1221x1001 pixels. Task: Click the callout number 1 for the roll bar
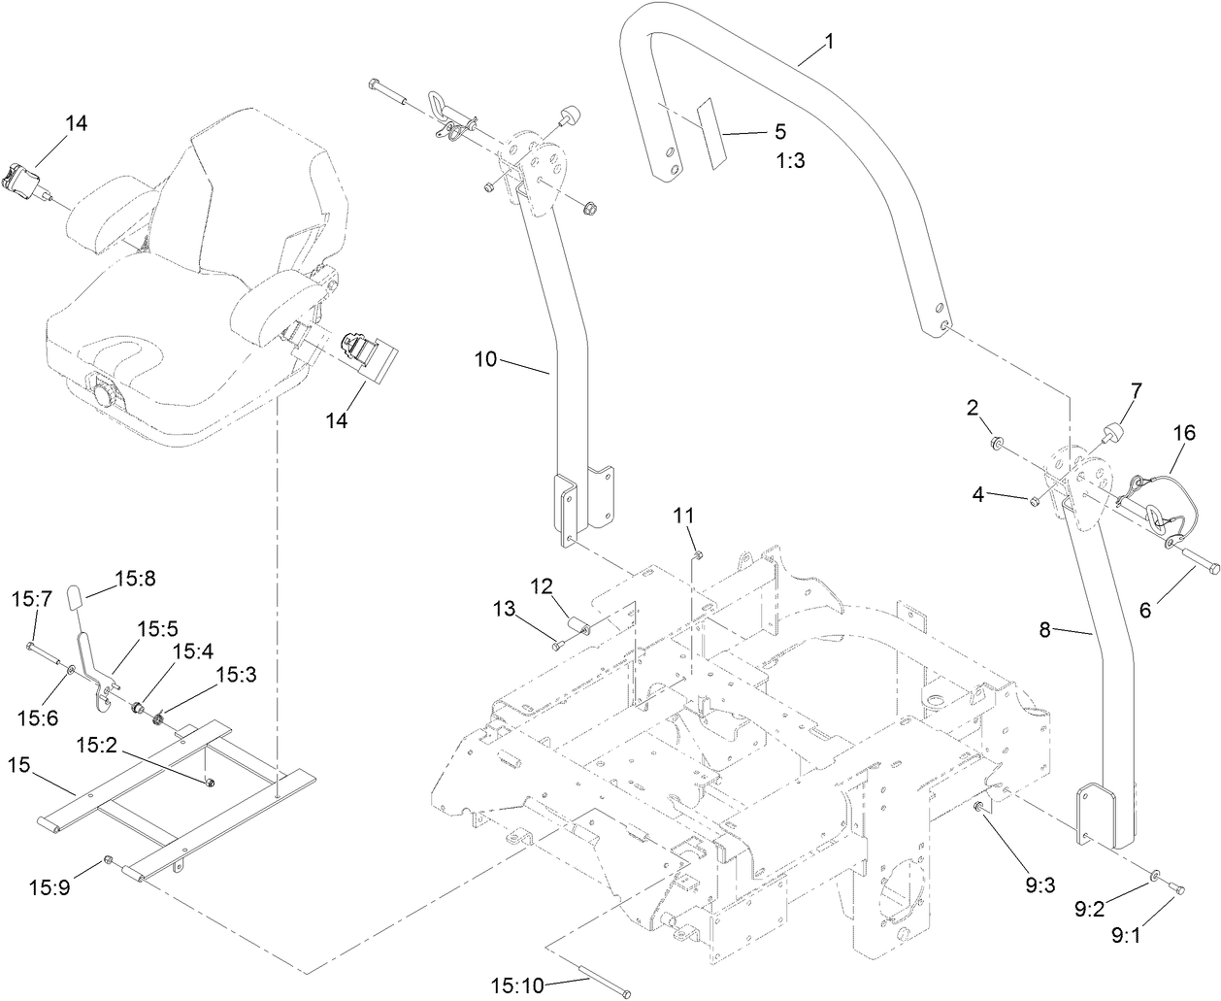(x=828, y=42)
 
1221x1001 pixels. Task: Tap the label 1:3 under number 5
(x=791, y=161)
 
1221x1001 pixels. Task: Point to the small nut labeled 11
(x=697, y=554)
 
